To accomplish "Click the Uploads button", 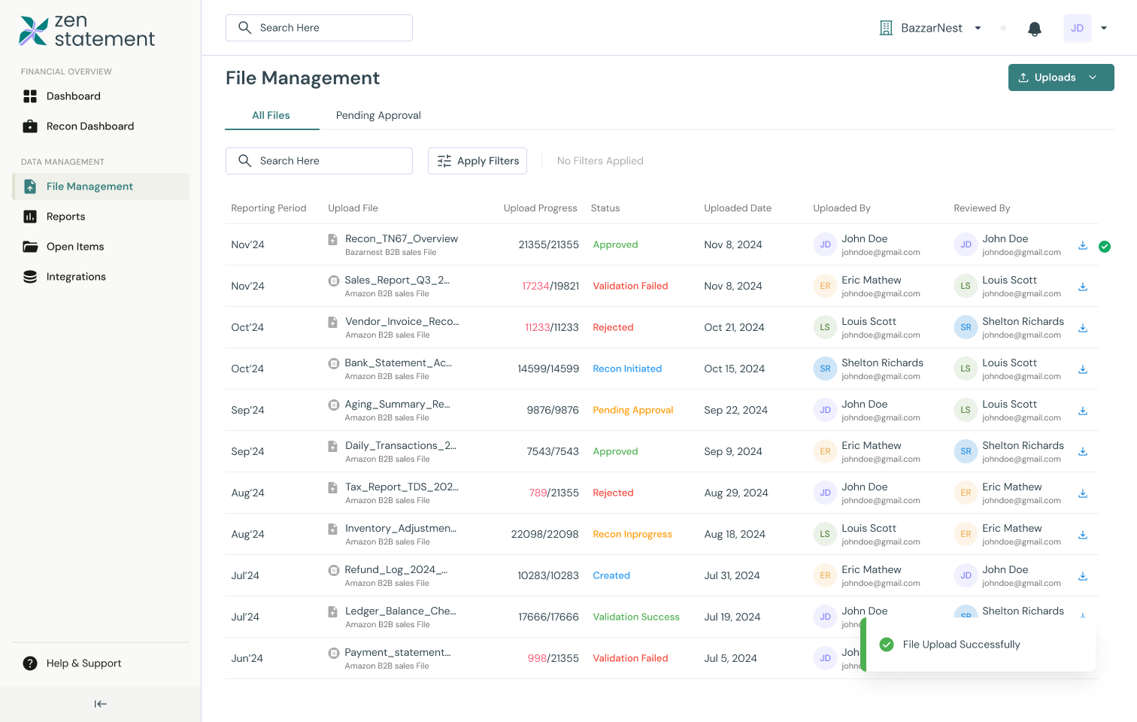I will (x=1060, y=77).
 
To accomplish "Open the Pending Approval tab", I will (x=378, y=115).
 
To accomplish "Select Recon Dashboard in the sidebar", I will (x=90, y=126).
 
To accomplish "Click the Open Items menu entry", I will (x=75, y=247).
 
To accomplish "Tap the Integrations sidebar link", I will (x=76, y=277).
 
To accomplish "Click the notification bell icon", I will (x=1035, y=29).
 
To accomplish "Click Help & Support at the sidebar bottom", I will (x=83, y=663).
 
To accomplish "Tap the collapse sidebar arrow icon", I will (x=100, y=704).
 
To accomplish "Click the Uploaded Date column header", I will (x=737, y=208).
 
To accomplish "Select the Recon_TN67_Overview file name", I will (x=401, y=238).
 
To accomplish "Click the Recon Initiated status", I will (x=627, y=369).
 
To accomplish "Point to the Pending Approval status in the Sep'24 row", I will (x=632, y=410).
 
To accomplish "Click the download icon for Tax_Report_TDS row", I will (x=1083, y=493).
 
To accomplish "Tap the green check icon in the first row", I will (x=1105, y=247).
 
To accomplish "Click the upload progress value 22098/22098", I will (x=544, y=534).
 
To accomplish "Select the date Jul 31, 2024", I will (x=732, y=575).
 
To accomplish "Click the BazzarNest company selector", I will (x=931, y=28).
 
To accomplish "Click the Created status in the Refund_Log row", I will (x=611, y=575).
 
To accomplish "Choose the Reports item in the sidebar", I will (x=65, y=217).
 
